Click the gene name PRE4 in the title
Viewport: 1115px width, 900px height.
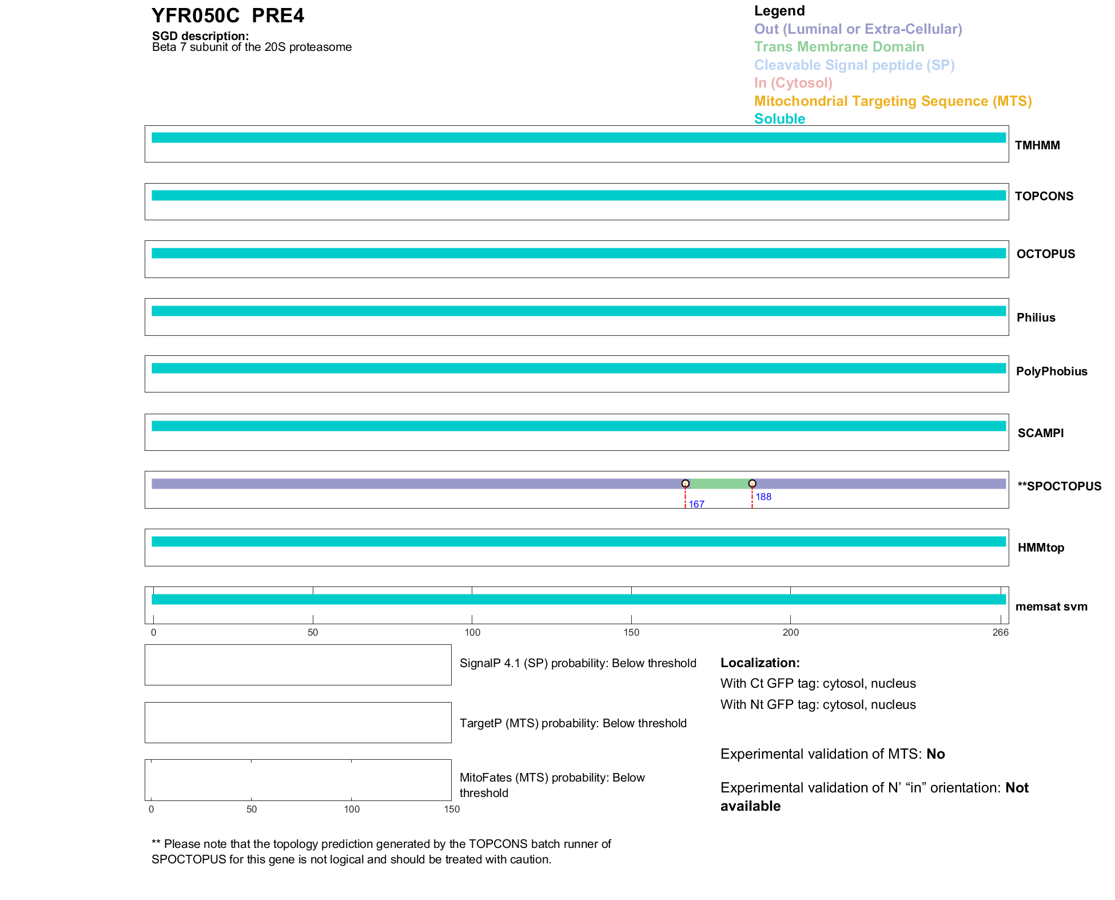[x=278, y=16]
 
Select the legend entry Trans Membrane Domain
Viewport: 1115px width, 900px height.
[x=839, y=47]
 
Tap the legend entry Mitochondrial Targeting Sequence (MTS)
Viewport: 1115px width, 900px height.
[x=893, y=101]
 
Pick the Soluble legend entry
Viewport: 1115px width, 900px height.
[x=779, y=119]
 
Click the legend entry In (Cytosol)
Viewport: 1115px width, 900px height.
[x=793, y=83]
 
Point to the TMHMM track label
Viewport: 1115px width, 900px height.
[x=1037, y=145]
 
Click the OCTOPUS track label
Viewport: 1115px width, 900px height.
[x=1045, y=254]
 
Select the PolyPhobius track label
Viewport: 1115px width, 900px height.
[x=1051, y=371]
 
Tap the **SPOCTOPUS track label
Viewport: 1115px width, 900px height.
[x=1059, y=486]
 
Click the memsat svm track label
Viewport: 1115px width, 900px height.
[x=1051, y=606]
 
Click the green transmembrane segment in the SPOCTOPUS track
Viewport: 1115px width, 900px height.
[x=719, y=484]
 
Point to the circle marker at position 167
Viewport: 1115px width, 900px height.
[x=685, y=483]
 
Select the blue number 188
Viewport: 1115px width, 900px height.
[x=763, y=497]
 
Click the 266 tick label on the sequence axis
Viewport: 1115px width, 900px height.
[x=1000, y=632]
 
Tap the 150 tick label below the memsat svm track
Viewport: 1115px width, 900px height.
[x=631, y=632]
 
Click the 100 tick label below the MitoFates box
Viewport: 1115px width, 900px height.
[x=352, y=809]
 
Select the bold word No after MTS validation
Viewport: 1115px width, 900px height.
[x=935, y=754]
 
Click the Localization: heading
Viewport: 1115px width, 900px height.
[x=759, y=663]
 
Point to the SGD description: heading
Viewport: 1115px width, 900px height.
[x=200, y=36]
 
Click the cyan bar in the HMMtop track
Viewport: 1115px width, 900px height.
[x=578, y=541]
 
